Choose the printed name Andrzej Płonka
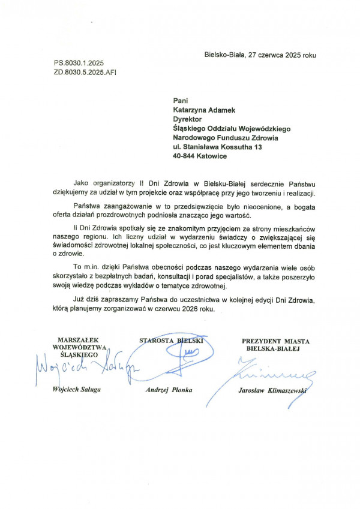pos(169,390)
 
